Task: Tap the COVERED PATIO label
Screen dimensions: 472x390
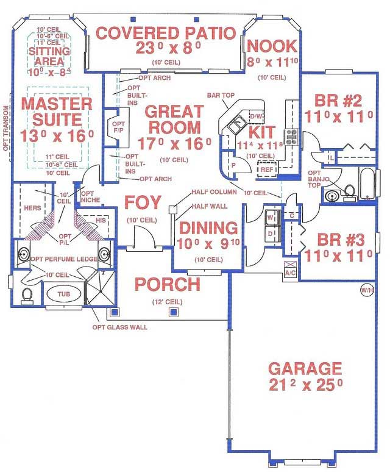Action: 166,33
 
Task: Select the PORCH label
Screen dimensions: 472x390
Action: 167,284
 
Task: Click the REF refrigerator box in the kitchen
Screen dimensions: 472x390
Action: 267,170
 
